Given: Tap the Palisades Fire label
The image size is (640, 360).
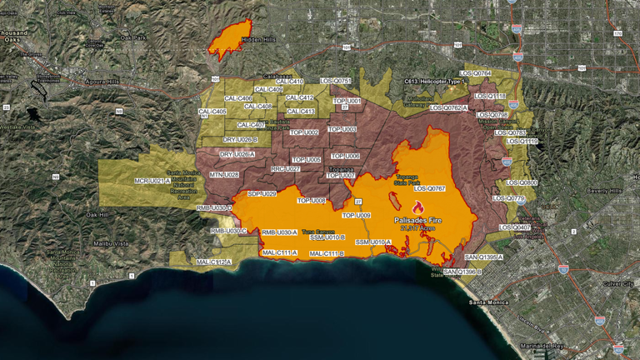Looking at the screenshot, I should [419, 220].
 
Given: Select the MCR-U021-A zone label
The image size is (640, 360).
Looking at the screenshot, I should [152, 180].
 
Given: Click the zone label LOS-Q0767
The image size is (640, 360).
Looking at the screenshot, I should [430, 188].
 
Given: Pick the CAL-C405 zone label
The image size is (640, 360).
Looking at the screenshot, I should [212, 111].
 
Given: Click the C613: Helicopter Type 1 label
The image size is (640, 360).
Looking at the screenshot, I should [433, 82].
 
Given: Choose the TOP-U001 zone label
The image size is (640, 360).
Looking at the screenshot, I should [347, 101].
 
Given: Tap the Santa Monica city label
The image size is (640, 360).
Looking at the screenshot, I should [489, 302].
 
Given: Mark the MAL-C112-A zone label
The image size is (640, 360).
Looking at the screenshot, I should [213, 262].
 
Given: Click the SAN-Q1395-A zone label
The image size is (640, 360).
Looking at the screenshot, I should [484, 257].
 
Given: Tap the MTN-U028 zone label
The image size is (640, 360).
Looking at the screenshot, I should [224, 174].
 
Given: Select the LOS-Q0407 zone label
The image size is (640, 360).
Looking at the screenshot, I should [514, 227].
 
